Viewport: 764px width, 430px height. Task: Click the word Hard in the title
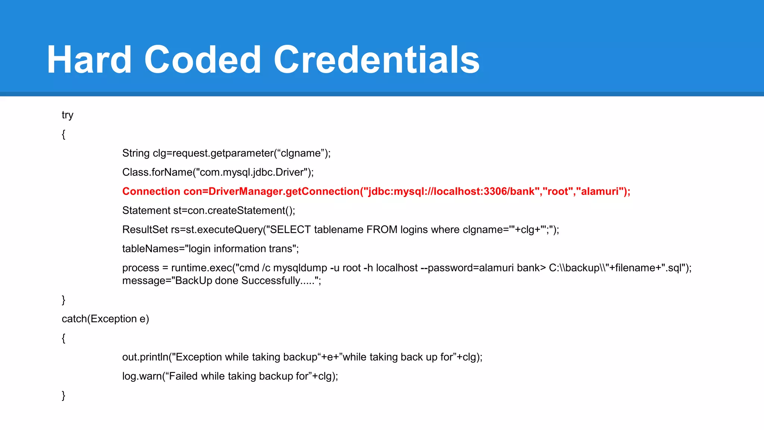89,60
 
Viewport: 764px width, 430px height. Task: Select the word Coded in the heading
203,60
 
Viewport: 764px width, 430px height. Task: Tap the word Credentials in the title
376,60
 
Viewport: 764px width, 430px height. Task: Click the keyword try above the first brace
68,115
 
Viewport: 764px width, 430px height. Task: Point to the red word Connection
151,191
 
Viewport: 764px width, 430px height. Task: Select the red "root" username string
557,191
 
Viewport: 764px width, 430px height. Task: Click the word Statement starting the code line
146,211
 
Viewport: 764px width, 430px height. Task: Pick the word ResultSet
145,230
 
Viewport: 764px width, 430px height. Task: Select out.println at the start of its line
145,357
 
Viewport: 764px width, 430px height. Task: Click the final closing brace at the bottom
63,395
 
